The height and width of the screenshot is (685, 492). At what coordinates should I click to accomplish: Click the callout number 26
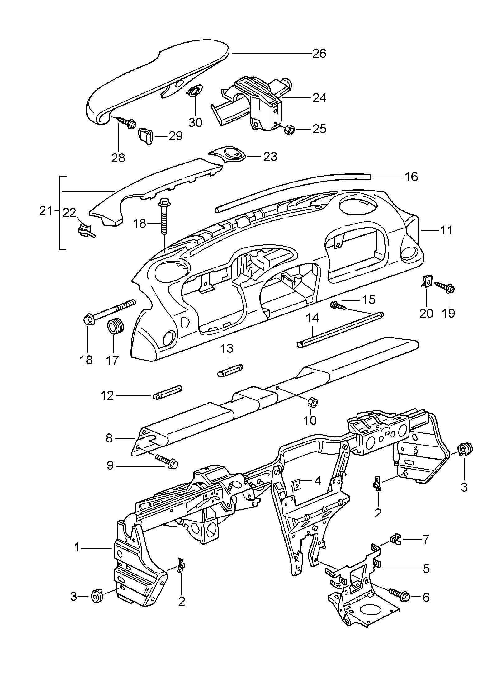click(x=319, y=53)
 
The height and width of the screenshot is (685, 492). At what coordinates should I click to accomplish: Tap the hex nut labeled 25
click(x=290, y=129)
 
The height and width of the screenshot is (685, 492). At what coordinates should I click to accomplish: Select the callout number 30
click(x=195, y=122)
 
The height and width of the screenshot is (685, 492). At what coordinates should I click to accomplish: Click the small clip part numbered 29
click(x=145, y=136)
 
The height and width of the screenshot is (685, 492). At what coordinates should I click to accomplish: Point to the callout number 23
click(x=270, y=156)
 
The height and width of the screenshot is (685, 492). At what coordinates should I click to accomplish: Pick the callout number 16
click(x=411, y=177)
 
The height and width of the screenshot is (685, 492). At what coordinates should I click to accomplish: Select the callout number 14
click(x=312, y=318)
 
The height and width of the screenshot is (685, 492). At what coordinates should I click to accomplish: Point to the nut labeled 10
click(x=312, y=403)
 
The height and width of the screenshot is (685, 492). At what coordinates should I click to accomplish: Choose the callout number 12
click(x=107, y=396)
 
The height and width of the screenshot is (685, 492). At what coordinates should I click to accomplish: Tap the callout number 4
click(x=318, y=489)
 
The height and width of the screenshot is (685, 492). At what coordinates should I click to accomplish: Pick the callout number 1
click(x=77, y=547)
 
